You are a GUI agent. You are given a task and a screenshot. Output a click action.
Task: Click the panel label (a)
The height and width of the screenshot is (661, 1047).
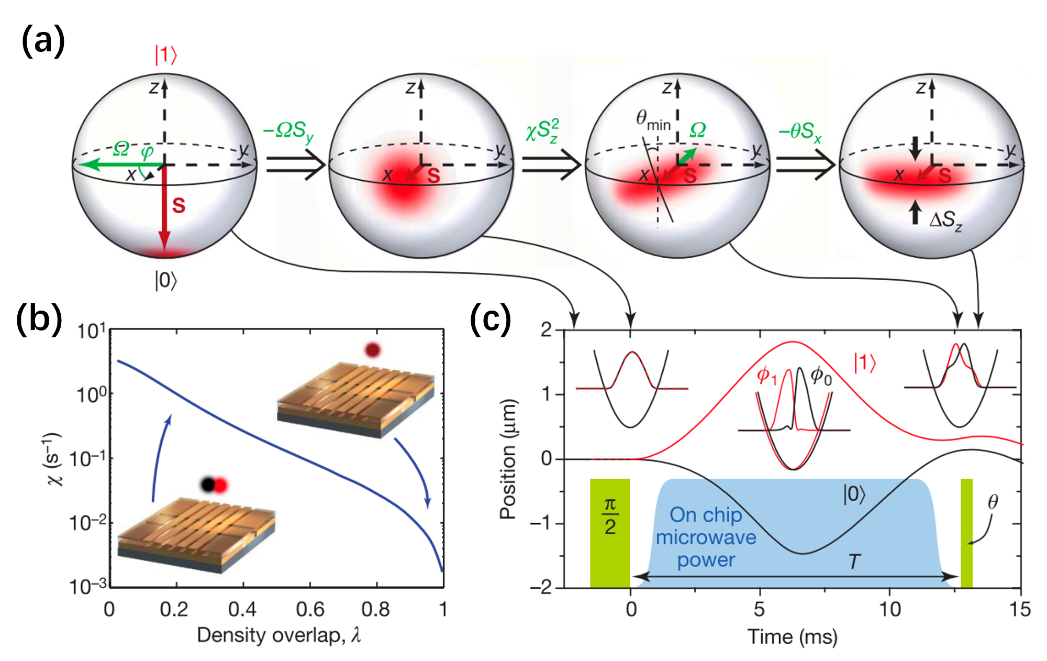(43, 42)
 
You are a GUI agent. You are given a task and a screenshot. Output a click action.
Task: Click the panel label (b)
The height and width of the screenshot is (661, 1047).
(39, 318)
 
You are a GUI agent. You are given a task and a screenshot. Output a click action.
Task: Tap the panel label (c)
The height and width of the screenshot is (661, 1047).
(490, 318)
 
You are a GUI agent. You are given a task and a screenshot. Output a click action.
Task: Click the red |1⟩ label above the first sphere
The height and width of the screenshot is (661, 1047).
(165, 55)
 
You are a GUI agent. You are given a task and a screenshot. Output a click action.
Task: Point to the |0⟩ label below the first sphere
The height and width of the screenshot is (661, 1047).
(166, 281)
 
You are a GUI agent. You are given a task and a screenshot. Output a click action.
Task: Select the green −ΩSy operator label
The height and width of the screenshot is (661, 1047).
(288, 131)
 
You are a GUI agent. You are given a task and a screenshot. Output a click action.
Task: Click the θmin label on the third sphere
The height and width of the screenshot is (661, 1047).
(652, 120)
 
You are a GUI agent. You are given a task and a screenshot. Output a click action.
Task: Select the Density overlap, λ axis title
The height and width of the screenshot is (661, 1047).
(279, 635)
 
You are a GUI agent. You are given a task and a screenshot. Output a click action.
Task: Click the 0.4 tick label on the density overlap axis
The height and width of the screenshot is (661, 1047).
(242, 609)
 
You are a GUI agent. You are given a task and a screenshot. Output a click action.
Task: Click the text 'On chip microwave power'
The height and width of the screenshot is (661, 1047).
(706, 537)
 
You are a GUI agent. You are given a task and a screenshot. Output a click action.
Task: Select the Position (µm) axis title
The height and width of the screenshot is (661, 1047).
(508, 459)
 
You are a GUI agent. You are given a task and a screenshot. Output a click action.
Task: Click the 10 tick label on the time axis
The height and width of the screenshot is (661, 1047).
(889, 609)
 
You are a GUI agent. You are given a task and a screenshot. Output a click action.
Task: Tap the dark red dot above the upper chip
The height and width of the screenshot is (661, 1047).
(372, 350)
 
